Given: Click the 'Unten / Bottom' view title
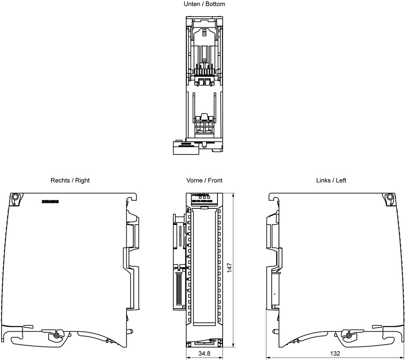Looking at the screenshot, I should (204, 4).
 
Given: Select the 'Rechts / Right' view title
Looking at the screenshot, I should (70, 180).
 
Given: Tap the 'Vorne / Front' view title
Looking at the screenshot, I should (204, 180).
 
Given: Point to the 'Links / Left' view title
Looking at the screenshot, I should (331, 180).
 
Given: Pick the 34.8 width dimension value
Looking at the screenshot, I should (204, 354).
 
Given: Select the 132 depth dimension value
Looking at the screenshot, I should (335, 354).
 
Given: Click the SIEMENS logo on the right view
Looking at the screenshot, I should (51, 201).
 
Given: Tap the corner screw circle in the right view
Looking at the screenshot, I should (15, 197).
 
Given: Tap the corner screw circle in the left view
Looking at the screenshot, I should (390, 197).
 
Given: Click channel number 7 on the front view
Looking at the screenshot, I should (188, 291).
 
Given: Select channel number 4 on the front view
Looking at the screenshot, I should (188, 256).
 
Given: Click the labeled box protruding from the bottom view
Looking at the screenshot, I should (186, 148).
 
